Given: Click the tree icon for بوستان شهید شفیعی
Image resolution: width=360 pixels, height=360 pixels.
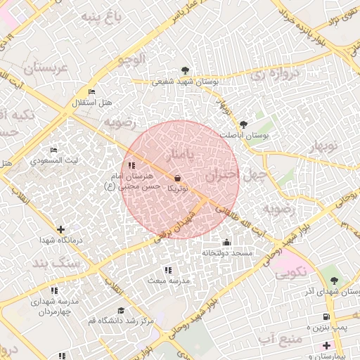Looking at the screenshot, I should (185, 70).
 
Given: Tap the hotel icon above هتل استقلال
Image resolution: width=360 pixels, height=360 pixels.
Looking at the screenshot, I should (91, 92).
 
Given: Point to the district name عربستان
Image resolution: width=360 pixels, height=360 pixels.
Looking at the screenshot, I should (44, 67).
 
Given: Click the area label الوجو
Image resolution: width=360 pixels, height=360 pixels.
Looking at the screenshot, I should (132, 59).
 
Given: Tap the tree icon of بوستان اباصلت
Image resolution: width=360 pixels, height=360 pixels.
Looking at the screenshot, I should (244, 124).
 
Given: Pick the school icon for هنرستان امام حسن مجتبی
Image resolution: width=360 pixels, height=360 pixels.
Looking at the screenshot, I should (131, 165).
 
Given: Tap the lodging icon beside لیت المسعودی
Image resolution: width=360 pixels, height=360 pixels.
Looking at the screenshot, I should (53, 150).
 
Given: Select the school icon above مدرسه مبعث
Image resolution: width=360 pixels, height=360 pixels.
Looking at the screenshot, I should (167, 270).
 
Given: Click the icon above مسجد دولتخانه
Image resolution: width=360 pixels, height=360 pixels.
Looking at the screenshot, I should (226, 243).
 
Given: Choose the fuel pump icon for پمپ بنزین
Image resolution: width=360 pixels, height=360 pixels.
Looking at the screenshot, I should (326, 317).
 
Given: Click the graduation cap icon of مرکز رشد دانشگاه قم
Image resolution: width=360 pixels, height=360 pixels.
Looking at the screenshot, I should (121, 310).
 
